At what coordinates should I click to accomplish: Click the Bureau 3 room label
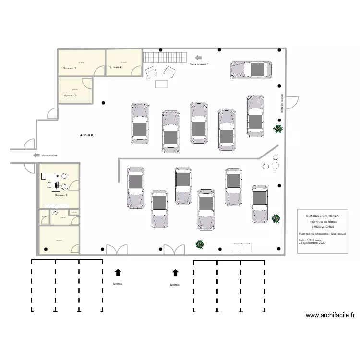70,69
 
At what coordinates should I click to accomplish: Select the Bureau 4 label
115,68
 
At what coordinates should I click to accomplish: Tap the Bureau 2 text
70,96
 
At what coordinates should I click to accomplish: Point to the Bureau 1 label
61,195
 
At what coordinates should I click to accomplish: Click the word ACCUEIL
87,136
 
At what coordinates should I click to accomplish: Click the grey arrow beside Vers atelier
36,155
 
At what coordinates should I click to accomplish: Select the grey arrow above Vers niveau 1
198,57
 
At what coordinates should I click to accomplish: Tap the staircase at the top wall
165,57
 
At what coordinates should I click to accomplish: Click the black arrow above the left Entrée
118,273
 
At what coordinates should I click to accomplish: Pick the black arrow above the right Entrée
175,273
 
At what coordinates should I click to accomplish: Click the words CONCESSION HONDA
322,216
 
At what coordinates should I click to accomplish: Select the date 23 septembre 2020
312,243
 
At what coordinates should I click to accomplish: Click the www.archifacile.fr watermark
330,315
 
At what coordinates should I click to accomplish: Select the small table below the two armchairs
161,84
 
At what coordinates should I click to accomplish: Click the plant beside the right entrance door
199,244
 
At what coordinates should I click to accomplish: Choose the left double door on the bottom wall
117,250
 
